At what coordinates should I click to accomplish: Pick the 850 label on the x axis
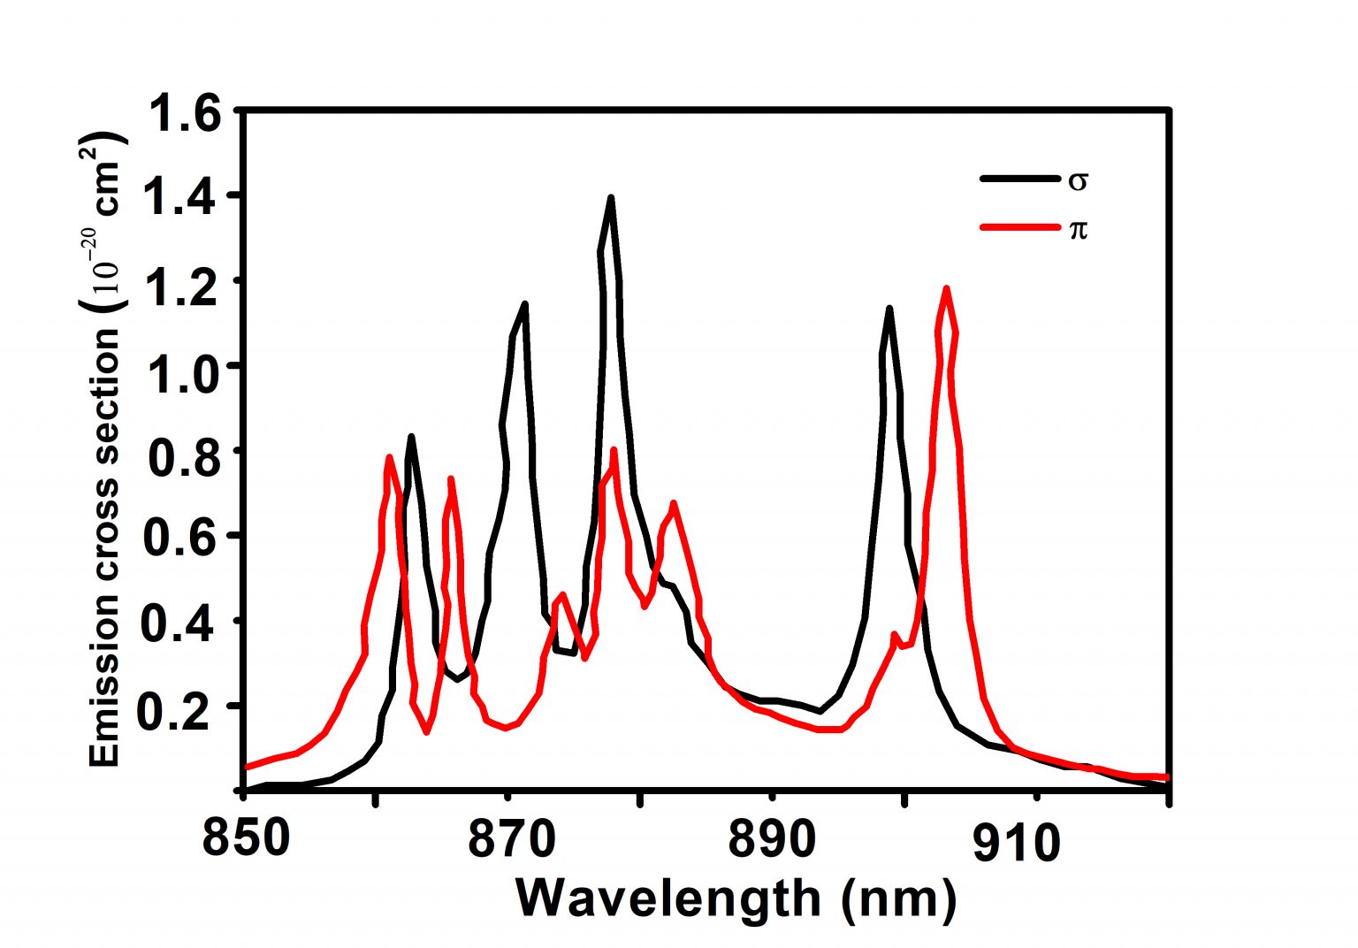point(246,838)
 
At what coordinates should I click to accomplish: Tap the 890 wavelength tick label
point(772,838)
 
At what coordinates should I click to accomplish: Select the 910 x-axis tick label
point(1017,843)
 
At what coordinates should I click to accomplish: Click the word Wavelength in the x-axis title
point(668,899)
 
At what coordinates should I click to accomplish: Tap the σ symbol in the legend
point(1078,180)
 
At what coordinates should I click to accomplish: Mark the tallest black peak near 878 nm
point(610,199)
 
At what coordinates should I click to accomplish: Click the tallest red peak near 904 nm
point(947,289)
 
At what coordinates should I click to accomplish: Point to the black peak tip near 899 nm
point(889,309)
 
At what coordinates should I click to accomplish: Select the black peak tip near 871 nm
point(525,304)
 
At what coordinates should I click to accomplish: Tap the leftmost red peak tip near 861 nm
point(389,457)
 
